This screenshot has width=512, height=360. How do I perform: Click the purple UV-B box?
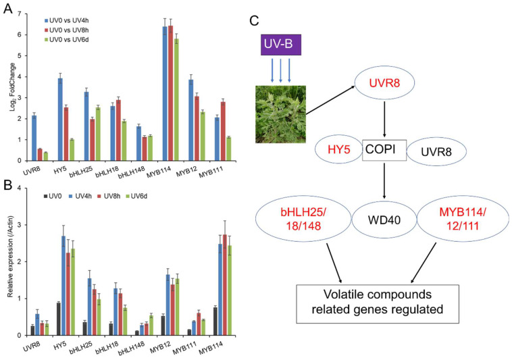pyautogui.click(x=281, y=45)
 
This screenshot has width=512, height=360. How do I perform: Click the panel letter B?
pyautogui.click(x=7, y=184)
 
